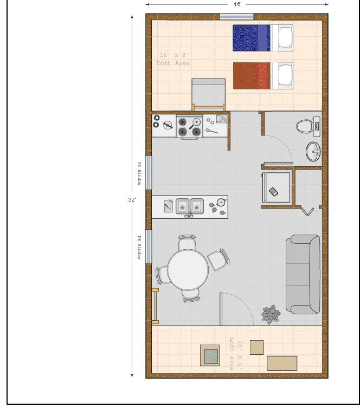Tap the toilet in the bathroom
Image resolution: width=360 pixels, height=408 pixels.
(304, 126)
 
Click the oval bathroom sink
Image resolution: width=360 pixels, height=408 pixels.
(313, 152)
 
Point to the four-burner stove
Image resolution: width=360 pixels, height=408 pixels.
(189, 127)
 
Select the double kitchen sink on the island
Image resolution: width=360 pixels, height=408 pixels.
(189, 206)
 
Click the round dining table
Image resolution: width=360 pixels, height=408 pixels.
(187, 270)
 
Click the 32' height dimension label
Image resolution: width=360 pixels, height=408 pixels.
(132, 199)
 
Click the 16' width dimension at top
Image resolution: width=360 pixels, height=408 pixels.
(237, 4)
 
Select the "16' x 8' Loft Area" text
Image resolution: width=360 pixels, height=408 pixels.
(173, 60)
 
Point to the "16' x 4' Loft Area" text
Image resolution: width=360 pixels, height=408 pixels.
(235, 355)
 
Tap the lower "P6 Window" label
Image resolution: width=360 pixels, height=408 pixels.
(139, 248)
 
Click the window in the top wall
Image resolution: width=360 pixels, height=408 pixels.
(236, 17)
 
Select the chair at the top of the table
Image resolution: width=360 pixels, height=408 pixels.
(187, 243)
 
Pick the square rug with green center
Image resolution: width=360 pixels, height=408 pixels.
(210, 356)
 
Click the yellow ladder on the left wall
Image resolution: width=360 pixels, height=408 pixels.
(155, 306)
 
